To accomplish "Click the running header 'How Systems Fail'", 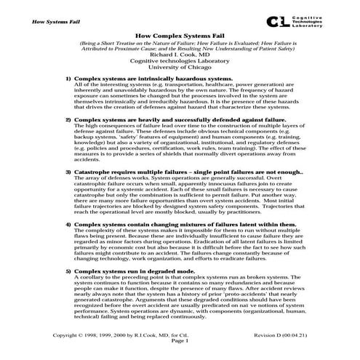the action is (41, 21).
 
